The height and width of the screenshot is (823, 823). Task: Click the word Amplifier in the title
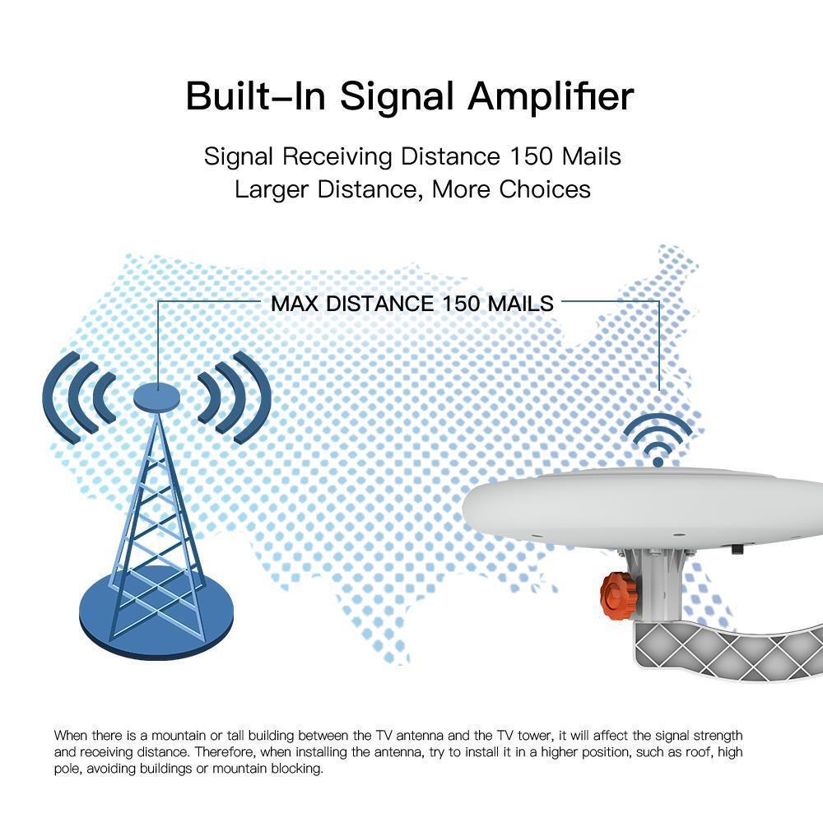coord(551,96)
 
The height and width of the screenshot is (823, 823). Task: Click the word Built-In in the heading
coord(257,96)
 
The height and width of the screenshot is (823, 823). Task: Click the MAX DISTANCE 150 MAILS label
coord(412,303)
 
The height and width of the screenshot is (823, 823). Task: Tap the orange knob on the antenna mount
coord(616,594)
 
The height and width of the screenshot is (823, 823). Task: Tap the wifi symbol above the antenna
coord(658,440)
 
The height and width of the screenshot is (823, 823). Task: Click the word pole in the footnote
coord(67,770)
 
